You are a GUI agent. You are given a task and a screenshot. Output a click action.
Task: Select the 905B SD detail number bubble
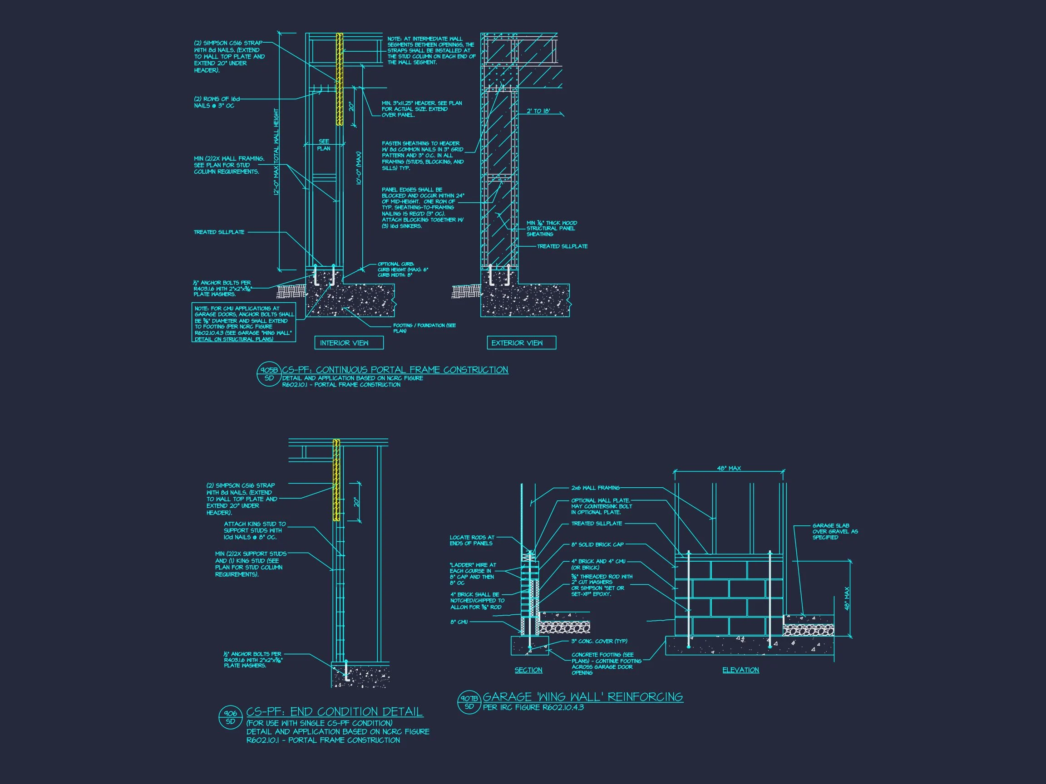coord(269,374)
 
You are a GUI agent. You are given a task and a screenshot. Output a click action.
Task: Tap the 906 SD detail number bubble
coord(230,717)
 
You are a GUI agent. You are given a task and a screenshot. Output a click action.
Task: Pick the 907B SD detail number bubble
coord(469,702)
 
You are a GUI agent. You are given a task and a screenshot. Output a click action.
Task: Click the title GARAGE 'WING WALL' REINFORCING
coord(582,696)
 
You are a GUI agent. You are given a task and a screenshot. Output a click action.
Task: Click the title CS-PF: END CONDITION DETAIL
coord(334,712)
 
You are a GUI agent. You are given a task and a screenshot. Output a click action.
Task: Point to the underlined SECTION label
coord(528,670)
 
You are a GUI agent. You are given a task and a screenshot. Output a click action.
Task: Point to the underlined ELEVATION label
coord(740,670)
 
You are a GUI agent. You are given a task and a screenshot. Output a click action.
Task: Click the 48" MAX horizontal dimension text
coord(729,468)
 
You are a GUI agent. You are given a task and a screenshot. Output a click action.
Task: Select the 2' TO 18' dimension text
coord(538,111)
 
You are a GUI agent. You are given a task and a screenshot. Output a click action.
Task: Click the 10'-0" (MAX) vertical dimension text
coord(359,168)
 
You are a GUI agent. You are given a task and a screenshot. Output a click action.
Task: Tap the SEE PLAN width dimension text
coord(324,145)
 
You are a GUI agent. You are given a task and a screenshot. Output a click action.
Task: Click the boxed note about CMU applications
coord(244,323)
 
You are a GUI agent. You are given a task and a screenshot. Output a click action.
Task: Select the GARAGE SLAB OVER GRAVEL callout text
coord(834,531)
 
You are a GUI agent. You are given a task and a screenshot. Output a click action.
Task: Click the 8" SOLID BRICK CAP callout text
coord(597,544)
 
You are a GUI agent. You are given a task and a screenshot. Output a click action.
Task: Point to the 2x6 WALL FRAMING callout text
coord(595,488)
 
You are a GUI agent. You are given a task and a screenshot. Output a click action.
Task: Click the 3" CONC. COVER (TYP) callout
coord(599,641)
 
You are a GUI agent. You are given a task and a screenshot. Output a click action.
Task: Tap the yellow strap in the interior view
coord(339,78)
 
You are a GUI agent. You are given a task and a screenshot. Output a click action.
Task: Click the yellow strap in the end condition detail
coord(336,480)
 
